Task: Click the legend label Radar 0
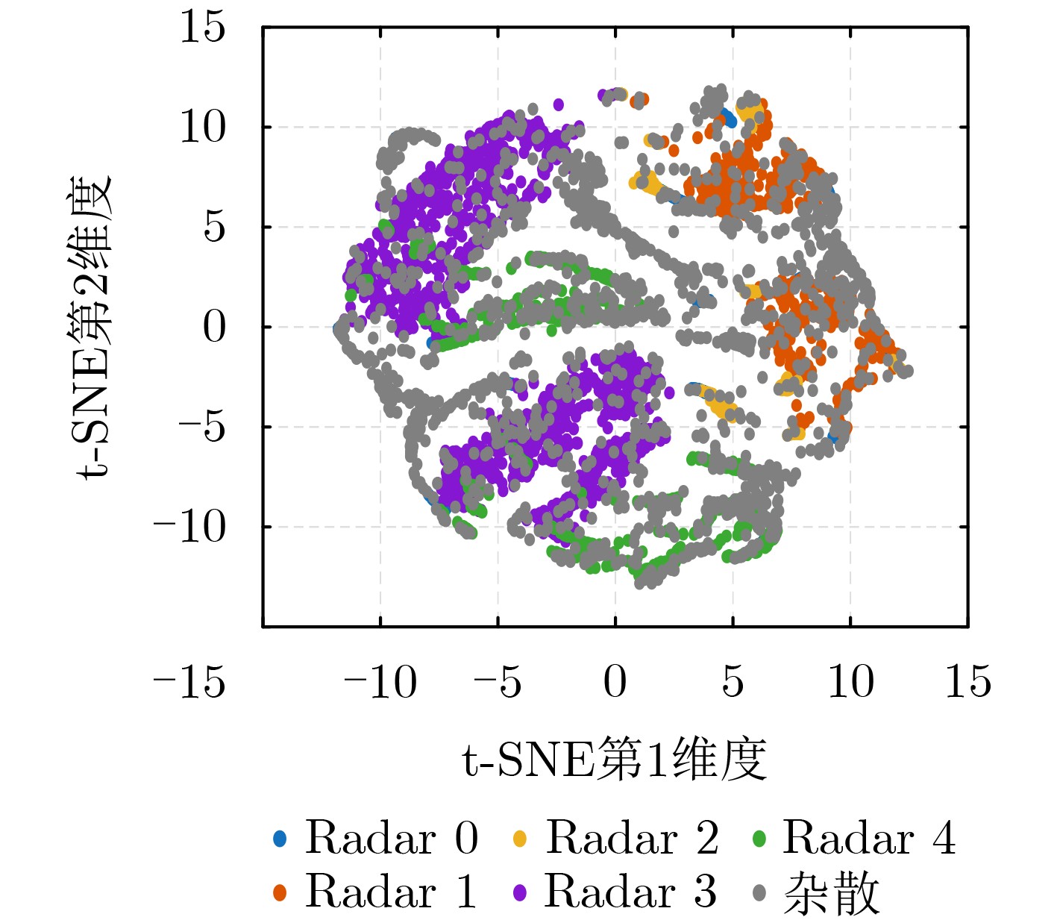(x=391, y=838)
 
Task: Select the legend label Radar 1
(x=391, y=892)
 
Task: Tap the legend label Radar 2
(x=632, y=838)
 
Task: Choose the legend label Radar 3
(x=630, y=892)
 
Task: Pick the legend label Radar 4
(x=869, y=838)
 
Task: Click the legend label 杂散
(x=831, y=893)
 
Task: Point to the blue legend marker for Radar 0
(x=280, y=839)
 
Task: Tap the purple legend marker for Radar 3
(x=520, y=892)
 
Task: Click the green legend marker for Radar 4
(x=759, y=839)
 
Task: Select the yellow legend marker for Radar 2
(x=520, y=839)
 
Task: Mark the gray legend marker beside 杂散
(x=759, y=892)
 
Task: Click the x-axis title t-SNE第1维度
(x=615, y=760)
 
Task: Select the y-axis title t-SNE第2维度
(x=93, y=326)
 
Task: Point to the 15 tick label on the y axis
(x=202, y=28)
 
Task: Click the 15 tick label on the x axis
(x=967, y=681)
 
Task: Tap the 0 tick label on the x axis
(x=615, y=681)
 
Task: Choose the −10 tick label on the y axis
(x=189, y=528)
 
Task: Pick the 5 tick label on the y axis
(x=214, y=227)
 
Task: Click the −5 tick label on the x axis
(x=497, y=681)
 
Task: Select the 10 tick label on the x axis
(x=850, y=681)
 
